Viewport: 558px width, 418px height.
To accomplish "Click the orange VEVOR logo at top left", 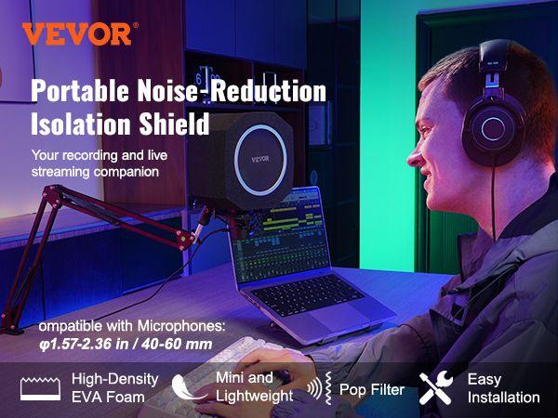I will [x=76, y=33].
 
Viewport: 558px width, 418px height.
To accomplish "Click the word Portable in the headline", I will [x=86, y=91].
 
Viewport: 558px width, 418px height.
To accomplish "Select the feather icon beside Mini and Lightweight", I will [x=193, y=385].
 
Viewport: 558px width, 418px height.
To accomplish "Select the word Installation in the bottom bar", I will [x=503, y=397].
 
